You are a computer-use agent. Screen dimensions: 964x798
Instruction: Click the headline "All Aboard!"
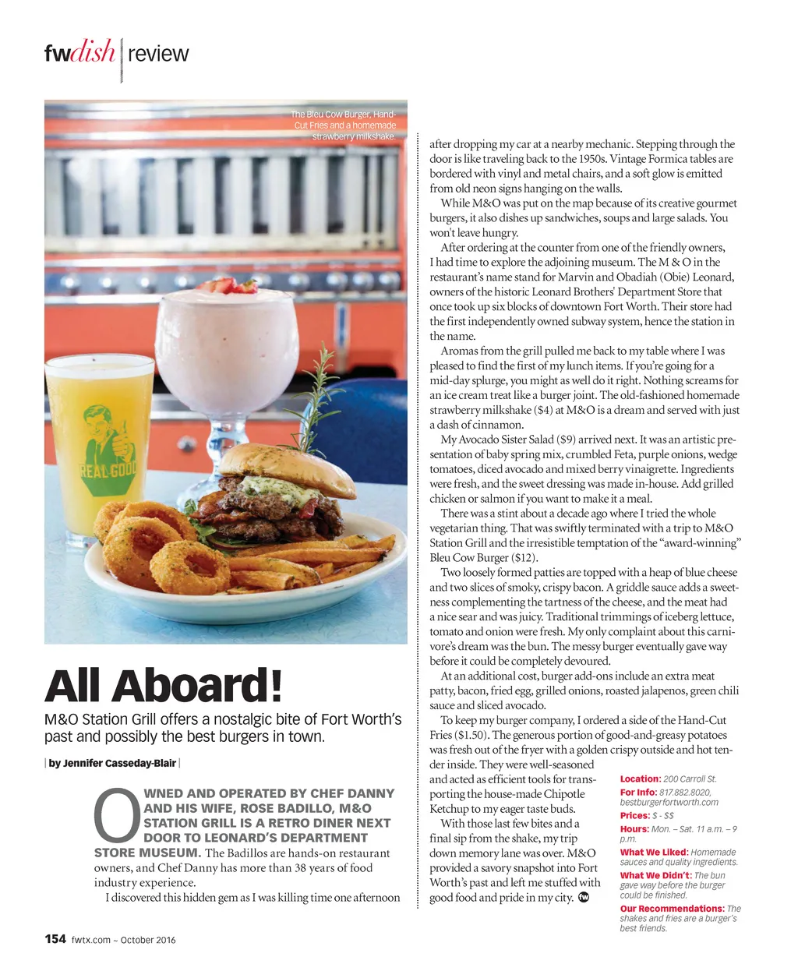tap(163, 686)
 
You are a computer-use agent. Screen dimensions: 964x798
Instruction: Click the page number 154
tap(55, 938)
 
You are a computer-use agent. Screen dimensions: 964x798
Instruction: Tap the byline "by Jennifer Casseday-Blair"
tap(112, 763)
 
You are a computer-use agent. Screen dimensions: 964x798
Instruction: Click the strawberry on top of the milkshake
tap(226, 284)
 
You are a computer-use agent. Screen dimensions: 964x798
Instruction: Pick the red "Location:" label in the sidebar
tap(640, 779)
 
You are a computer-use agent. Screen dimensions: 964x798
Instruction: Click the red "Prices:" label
tap(634, 816)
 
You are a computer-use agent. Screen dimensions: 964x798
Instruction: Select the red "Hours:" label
tap(634, 829)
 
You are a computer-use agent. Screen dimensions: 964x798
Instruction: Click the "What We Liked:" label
tap(654, 853)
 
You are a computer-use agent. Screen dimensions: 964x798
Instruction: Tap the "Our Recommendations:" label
tap(672, 909)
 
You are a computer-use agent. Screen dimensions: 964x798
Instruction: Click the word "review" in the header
tap(158, 54)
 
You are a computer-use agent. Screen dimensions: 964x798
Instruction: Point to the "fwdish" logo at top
tap(79, 53)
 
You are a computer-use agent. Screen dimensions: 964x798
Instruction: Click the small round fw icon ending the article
tap(584, 898)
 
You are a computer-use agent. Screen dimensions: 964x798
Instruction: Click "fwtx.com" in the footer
tap(91, 940)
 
